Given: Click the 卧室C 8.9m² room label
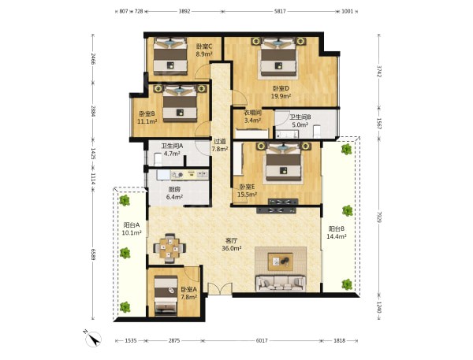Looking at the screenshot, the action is tap(204, 50).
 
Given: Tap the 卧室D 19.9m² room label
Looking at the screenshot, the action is tap(281, 92).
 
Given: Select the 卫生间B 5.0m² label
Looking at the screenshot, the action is tap(300, 121).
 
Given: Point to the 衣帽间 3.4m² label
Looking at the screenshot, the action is tap(252, 117).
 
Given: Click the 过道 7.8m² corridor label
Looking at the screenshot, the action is tap(220, 145).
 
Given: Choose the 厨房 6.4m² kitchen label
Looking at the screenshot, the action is tap(174, 193).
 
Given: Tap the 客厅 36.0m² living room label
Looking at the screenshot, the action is tap(231, 244).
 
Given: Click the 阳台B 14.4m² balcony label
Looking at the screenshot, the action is tap(337, 232).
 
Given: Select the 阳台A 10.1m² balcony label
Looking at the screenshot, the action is tap(132, 228).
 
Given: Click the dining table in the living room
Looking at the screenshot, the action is tap(169, 248).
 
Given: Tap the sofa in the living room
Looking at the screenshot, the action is tap(281, 283).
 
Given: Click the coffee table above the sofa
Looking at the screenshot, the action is tap(281, 262).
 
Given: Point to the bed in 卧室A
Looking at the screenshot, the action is tap(166, 295).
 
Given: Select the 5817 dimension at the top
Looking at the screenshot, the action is tap(280, 12).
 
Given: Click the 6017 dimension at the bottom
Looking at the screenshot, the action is tap(262, 341).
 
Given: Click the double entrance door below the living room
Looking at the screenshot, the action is tap(220, 288).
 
